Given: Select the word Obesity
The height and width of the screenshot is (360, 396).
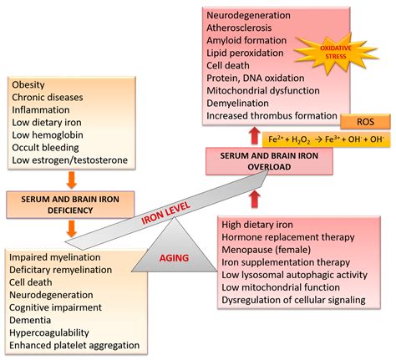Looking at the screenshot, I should (29, 84).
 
